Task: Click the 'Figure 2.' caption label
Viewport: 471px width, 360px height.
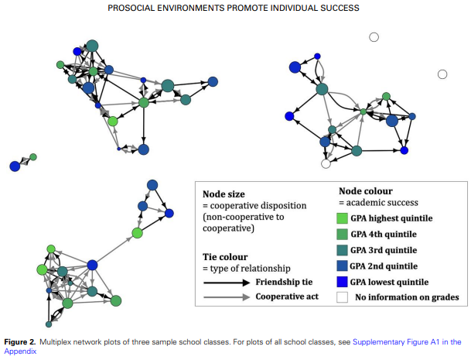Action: tap(26, 341)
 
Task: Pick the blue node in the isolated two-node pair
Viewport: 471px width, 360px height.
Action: tap(15, 166)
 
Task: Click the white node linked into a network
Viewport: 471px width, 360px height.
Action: tap(326, 163)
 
